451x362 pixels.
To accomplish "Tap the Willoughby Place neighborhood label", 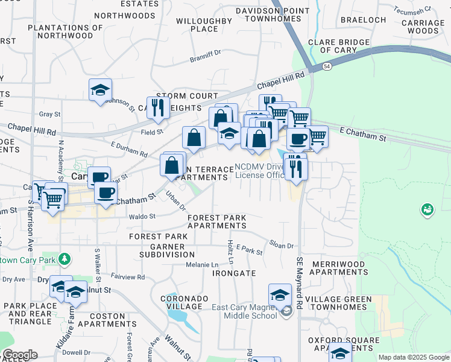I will pyautogui.click(x=204, y=25).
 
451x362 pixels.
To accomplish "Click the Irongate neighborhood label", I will pyautogui.click(x=235, y=273).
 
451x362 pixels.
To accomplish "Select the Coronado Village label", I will pyautogui.click(x=184, y=302).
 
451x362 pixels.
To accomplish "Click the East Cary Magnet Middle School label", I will pyautogui.click(x=245, y=311).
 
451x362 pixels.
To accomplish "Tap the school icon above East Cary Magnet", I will pyautogui.click(x=280, y=295).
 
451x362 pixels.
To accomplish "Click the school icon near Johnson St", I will pyautogui.click(x=100, y=90).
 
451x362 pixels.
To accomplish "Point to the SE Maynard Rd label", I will pyautogui.click(x=299, y=284).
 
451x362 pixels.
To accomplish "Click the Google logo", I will pyautogui.click(x=20, y=355).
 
